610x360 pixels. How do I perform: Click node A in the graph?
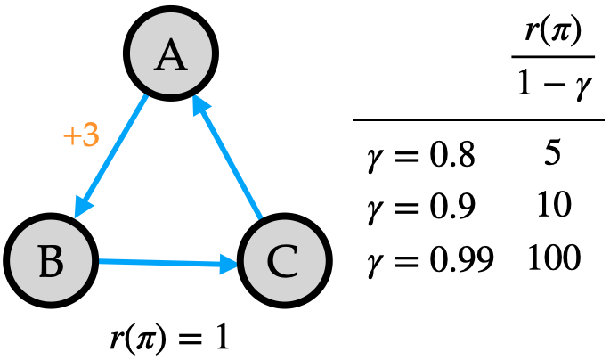coord(169,55)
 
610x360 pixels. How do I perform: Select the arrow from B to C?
coord(165,262)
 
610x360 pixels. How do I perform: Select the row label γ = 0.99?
coord(429,259)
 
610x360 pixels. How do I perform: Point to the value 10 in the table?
coord(551,207)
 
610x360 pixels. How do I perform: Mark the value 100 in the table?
coord(552,258)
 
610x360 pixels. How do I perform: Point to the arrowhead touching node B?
coord(82,207)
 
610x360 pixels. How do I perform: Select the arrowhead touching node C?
coord(229,265)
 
